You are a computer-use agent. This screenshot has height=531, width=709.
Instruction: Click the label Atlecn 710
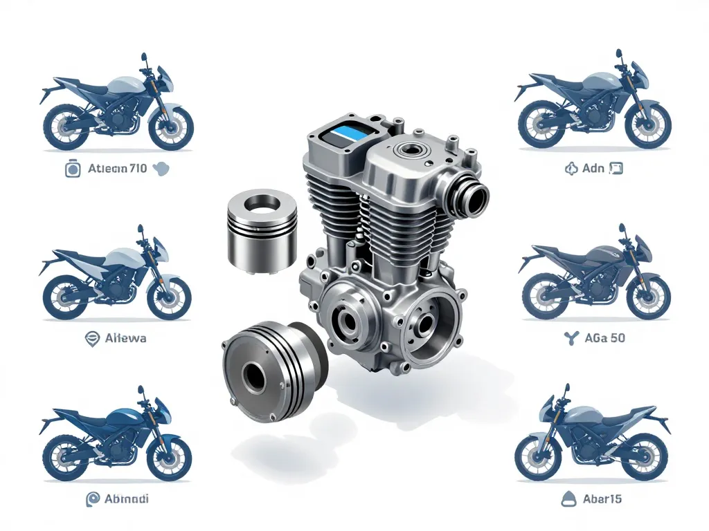point(118,168)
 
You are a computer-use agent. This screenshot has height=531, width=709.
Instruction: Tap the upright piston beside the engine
point(262,231)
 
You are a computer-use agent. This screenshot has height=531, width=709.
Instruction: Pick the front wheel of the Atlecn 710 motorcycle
point(170,128)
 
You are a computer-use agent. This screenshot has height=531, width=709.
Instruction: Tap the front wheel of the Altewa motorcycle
point(169,297)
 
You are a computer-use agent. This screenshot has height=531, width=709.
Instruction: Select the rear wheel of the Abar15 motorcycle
point(646,458)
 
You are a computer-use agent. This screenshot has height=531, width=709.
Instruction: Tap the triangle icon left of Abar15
point(569,498)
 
